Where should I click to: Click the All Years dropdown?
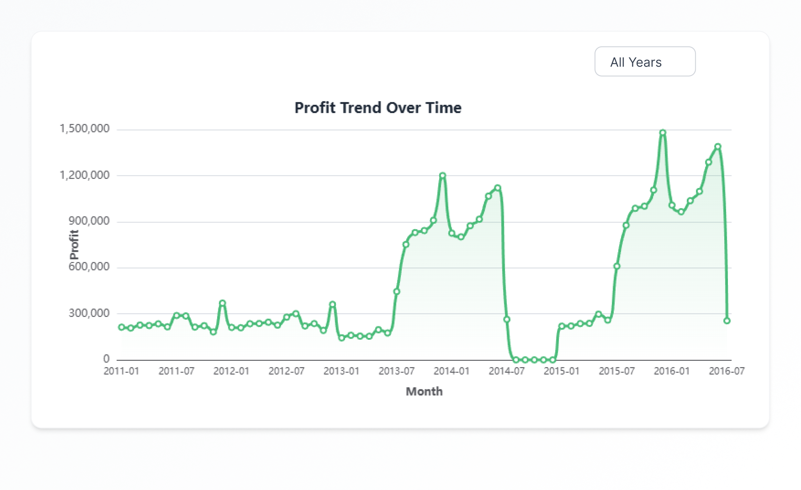click(x=645, y=61)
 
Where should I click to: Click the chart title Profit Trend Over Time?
click(x=378, y=108)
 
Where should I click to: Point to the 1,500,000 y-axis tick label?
click(x=84, y=129)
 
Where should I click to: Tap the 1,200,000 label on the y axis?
click(x=84, y=175)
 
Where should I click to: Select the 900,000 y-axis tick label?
click(x=89, y=221)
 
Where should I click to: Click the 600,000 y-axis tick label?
click(x=89, y=267)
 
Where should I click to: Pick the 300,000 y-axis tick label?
click(x=89, y=313)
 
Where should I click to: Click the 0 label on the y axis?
click(x=106, y=359)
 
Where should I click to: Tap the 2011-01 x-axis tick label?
click(x=121, y=371)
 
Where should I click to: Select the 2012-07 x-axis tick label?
click(x=287, y=371)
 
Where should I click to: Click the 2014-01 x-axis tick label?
click(x=452, y=371)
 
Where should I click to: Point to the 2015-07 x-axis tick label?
click(x=617, y=371)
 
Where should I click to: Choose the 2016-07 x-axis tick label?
click(x=726, y=371)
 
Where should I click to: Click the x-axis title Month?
click(x=424, y=391)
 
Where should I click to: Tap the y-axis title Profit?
click(x=74, y=244)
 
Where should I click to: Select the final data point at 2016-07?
click(x=726, y=321)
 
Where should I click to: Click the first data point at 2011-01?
click(x=121, y=327)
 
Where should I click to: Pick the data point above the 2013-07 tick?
click(x=397, y=291)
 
